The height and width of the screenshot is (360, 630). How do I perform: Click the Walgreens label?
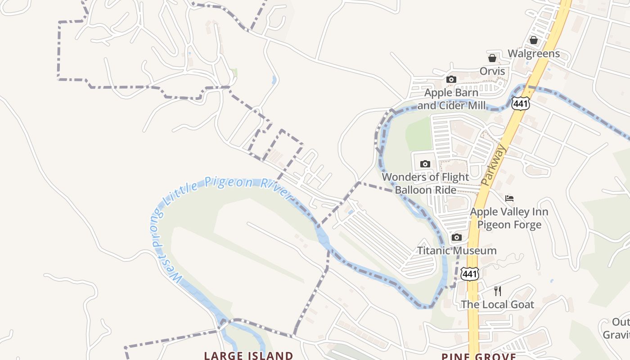click(534, 54)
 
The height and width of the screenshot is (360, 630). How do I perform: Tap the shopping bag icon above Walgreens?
click(534, 40)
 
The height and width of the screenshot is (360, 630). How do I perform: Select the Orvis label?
click(492, 71)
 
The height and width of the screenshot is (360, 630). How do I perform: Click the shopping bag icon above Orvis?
click(492, 58)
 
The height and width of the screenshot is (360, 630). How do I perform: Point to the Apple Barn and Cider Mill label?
click(451, 99)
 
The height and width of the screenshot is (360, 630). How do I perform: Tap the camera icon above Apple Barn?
click(451, 80)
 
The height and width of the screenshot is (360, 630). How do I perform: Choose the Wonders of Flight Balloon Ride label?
click(425, 183)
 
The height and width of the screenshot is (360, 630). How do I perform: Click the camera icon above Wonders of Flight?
click(425, 164)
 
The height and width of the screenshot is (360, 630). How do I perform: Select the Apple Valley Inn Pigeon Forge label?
click(509, 218)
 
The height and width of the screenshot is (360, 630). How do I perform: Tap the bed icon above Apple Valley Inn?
click(509, 198)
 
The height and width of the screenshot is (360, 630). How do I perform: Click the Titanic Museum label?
click(457, 251)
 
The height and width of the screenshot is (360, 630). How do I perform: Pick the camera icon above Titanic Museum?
click(457, 237)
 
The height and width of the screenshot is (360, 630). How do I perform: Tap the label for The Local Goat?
click(497, 305)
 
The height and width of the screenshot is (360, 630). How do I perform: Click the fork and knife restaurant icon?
click(498, 291)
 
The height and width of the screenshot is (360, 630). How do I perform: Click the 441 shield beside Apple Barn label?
click(521, 103)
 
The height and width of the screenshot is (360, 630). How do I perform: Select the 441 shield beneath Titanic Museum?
click(470, 274)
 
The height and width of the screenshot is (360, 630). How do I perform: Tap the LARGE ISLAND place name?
click(248, 355)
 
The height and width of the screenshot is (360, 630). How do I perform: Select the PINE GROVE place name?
click(478, 356)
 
